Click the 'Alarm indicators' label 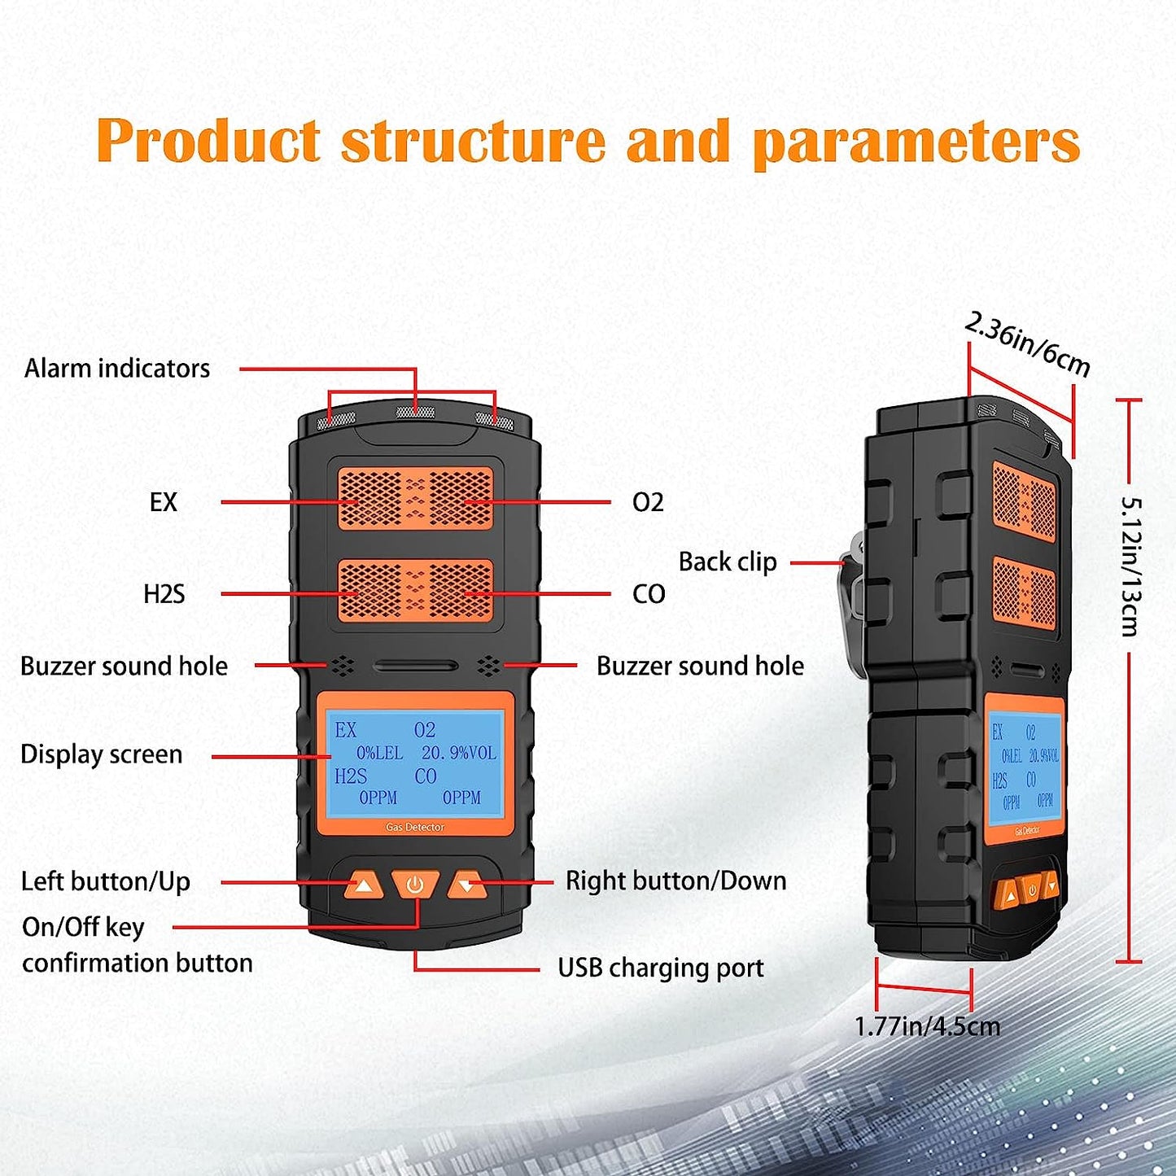click(117, 369)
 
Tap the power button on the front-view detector click(415, 885)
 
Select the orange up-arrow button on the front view click(364, 885)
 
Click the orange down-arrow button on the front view click(466, 885)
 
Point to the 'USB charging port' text click(660, 968)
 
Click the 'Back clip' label click(727, 562)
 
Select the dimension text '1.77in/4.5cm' click(927, 1026)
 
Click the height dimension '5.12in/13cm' click(1130, 566)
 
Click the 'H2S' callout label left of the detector click(164, 594)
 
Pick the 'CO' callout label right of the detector click(649, 594)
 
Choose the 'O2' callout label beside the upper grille click(648, 502)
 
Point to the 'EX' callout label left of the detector click(163, 502)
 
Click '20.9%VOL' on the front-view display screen click(458, 754)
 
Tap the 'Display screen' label click(101, 754)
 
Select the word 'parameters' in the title click(916, 142)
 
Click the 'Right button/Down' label click(675, 881)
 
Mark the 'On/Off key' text click(83, 927)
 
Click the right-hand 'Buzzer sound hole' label click(700, 667)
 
